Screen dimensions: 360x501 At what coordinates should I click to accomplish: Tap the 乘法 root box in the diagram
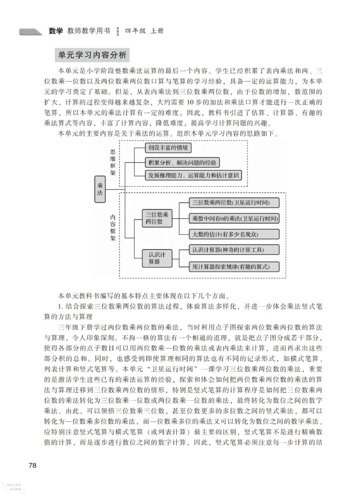click(x=99, y=188)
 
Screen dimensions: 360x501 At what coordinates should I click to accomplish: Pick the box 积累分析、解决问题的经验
click(x=182, y=161)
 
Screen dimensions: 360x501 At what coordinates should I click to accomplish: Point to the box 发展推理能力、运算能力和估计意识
click(x=194, y=175)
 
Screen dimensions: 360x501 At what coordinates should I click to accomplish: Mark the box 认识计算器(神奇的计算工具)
click(x=228, y=250)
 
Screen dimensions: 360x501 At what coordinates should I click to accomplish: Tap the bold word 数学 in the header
click(x=56, y=31)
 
